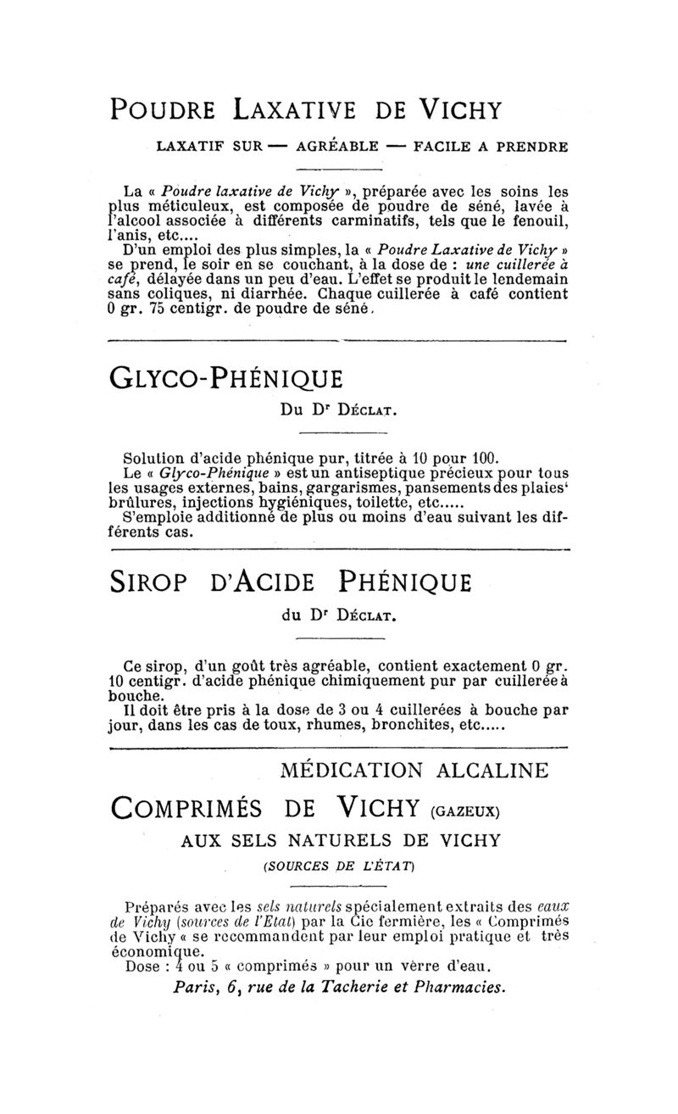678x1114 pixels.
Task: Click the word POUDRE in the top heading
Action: [161, 110]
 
